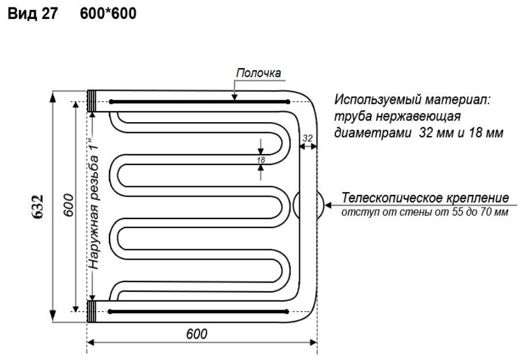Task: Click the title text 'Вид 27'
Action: pos(32,14)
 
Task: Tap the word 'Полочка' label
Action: pos(258,73)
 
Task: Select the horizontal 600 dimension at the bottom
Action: pos(197,333)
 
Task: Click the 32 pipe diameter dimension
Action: pos(307,138)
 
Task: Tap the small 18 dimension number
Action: pos(261,161)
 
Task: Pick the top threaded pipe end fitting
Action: pos(92,101)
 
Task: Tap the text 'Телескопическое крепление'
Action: pos(425,198)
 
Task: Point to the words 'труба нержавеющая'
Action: pos(398,117)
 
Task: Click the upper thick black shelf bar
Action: pos(198,101)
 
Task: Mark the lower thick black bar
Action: pos(198,312)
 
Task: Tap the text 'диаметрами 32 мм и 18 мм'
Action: pos(418,134)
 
